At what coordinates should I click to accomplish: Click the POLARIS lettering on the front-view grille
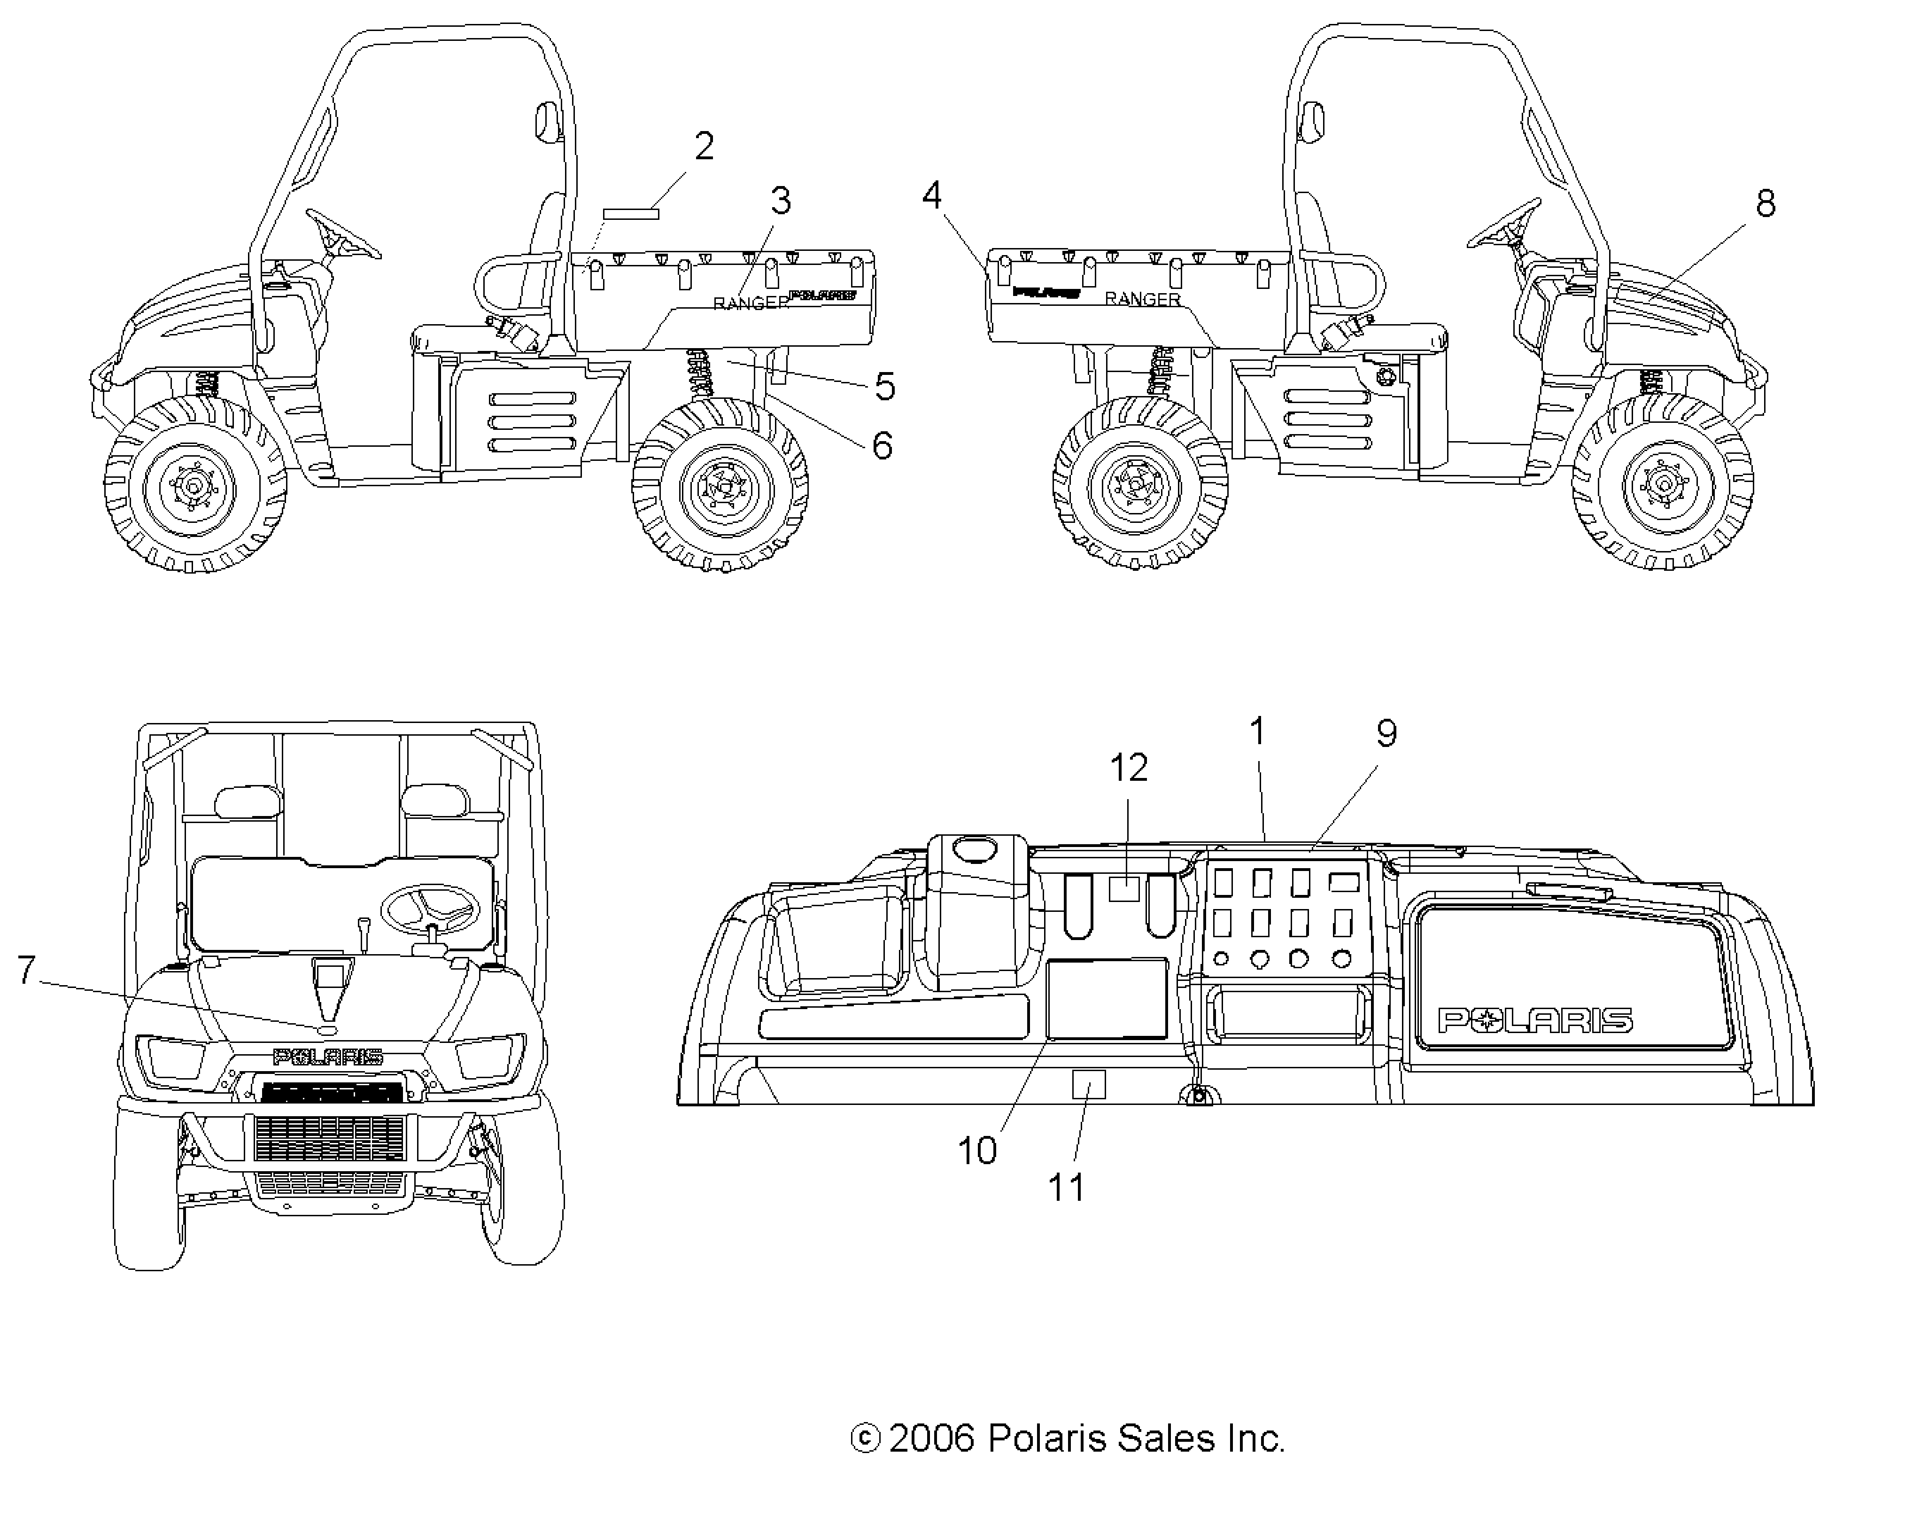[328, 1057]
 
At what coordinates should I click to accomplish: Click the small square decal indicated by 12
[1124, 888]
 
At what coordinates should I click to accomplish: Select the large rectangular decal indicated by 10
[1106, 998]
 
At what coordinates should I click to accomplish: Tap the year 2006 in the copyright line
[931, 1439]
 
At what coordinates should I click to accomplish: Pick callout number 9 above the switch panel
[1386, 733]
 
